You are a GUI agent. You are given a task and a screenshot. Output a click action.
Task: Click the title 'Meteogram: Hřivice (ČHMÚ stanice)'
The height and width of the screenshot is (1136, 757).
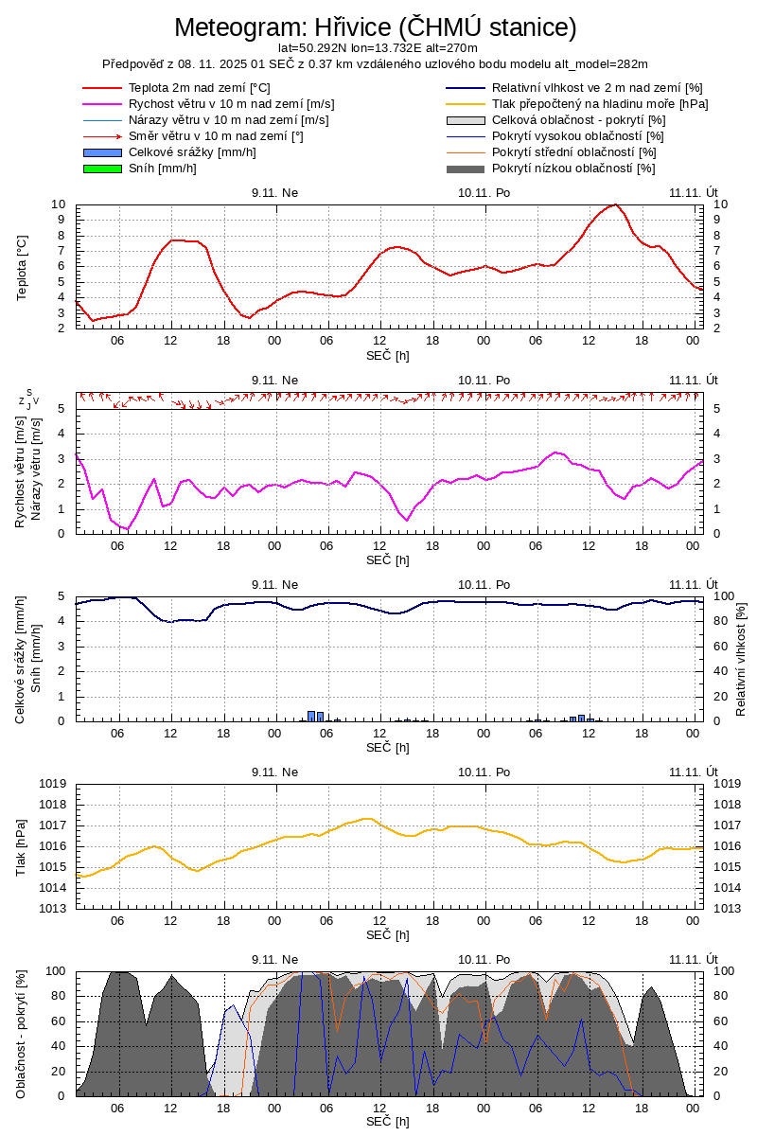coord(376,27)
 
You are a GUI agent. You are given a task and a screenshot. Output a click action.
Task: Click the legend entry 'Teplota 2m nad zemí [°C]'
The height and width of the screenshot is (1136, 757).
coord(199,88)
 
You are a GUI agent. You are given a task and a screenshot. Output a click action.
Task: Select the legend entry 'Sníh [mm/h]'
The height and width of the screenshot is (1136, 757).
coord(162,169)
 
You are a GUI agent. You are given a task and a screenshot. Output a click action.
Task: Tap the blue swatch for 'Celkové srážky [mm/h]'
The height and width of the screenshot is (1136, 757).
coord(102,152)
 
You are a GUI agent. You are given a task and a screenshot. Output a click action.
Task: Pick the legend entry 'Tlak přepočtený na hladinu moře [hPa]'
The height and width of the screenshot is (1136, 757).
coord(600,104)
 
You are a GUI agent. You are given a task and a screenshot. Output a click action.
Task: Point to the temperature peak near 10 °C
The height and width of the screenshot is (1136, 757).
coord(615,204)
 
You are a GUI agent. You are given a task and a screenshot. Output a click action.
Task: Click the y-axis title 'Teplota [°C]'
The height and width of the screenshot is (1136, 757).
coord(23,268)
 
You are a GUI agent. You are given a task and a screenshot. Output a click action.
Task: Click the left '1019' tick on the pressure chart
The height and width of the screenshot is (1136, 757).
coord(52,784)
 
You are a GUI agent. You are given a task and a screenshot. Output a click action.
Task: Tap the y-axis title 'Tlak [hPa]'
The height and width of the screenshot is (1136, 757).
coord(23,845)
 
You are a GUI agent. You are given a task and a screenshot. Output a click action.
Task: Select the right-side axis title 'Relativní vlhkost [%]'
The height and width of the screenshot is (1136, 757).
coord(741,658)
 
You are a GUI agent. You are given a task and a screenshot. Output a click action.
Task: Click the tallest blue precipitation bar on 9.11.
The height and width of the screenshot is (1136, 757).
coord(311,716)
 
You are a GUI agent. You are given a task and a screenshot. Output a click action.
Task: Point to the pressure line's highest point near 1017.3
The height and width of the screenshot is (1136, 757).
coord(368,819)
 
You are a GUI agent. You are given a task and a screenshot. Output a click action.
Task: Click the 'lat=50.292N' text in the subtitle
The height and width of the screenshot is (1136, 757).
coord(312,47)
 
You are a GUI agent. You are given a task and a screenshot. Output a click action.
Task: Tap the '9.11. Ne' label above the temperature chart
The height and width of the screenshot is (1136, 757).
coord(274,191)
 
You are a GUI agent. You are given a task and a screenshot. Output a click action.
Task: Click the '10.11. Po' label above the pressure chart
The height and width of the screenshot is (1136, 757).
coord(484,771)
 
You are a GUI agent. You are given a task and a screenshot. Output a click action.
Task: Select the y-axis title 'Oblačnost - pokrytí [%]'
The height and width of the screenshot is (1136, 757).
coord(23,1034)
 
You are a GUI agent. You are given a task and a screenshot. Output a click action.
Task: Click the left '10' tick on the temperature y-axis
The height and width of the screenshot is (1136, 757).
coord(59,204)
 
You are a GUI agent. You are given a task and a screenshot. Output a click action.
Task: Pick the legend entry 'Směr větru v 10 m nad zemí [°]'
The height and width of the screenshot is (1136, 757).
coord(216,136)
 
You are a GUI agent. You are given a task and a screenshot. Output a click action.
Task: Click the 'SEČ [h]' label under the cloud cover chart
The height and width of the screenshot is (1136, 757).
coord(388,1122)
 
